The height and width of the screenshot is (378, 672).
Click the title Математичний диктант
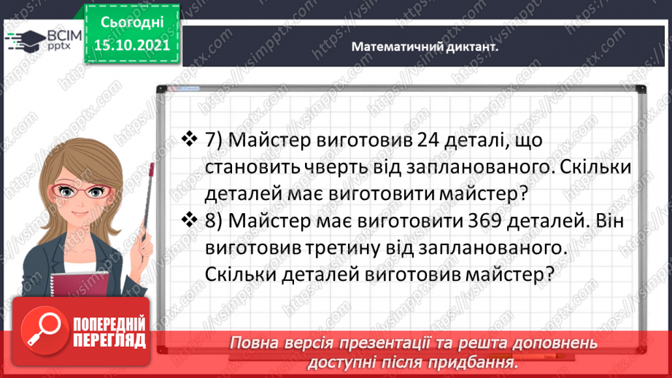[x=424, y=46]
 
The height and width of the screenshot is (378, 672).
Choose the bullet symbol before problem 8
[x=189, y=220]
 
